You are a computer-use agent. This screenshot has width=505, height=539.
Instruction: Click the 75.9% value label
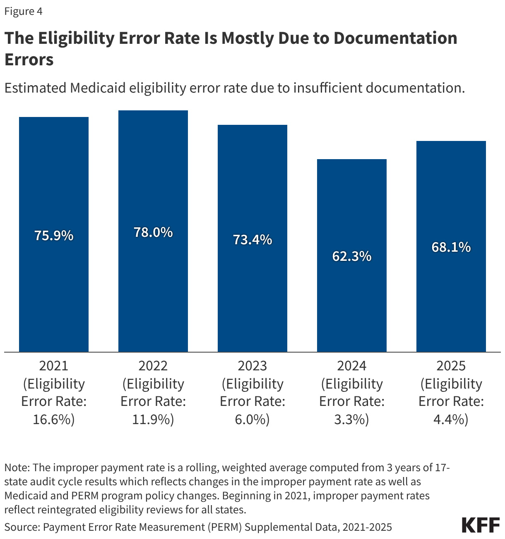54,236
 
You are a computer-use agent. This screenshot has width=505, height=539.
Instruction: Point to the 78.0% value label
153,232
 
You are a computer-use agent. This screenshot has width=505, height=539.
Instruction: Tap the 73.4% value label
252,239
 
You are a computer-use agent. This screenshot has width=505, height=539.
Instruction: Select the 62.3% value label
352,256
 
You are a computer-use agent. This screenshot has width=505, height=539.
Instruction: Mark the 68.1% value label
451,247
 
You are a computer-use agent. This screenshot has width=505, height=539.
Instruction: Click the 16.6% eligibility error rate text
54,420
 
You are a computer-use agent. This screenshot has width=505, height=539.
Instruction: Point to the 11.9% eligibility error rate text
153,420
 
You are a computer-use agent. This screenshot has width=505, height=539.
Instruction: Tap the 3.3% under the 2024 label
352,420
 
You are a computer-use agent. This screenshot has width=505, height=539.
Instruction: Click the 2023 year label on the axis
252,366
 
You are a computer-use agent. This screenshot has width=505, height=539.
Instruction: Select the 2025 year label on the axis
451,366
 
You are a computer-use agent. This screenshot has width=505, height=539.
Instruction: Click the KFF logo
481,525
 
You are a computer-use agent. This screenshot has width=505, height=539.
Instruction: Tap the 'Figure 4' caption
24,11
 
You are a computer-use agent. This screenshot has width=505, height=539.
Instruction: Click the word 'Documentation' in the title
395,38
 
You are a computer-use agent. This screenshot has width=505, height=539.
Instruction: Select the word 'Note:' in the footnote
17,467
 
